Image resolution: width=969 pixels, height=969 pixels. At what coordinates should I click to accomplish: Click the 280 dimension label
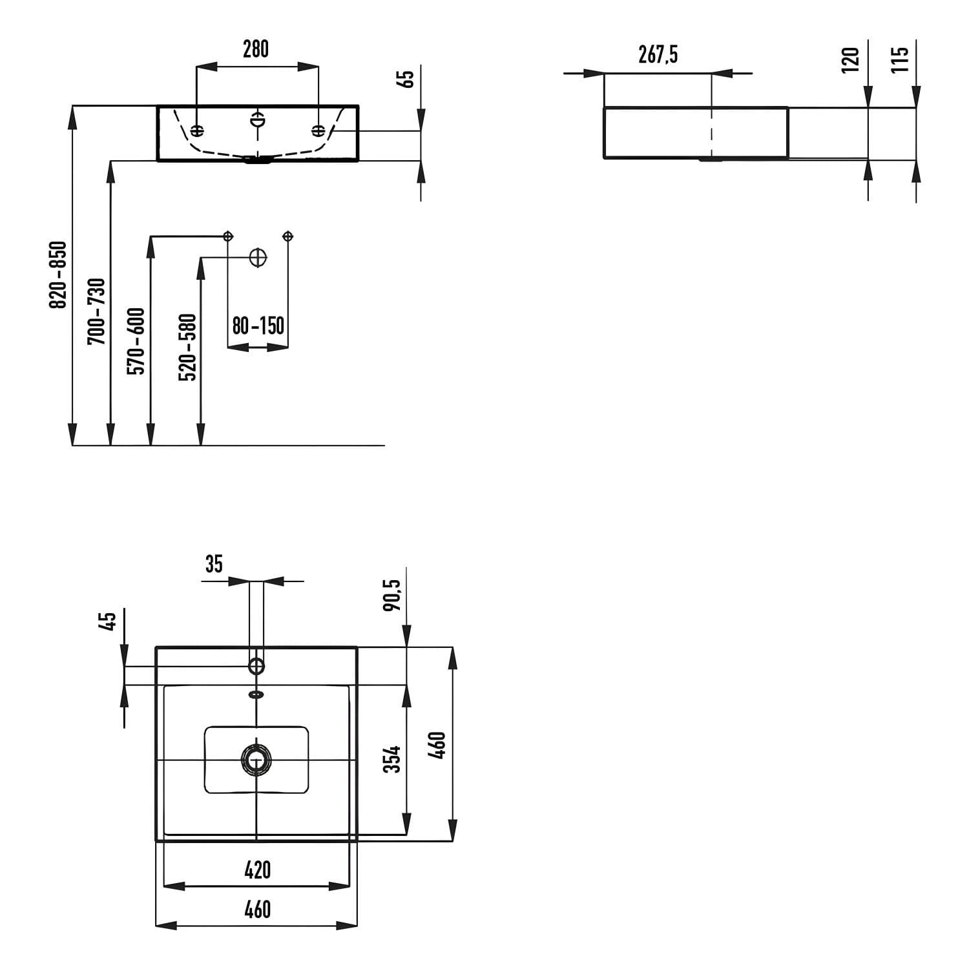click(256, 49)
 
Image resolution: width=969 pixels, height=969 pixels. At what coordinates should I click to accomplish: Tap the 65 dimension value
click(408, 79)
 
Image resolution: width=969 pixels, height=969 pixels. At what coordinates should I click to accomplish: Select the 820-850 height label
click(59, 275)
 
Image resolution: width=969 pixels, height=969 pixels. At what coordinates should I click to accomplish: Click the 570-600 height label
click(136, 341)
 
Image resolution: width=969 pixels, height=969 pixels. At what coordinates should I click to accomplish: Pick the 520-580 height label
click(187, 348)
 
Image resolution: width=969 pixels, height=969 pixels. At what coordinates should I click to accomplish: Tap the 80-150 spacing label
click(258, 326)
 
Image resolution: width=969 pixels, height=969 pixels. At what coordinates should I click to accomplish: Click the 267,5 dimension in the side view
click(658, 56)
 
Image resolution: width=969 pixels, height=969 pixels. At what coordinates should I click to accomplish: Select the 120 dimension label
click(851, 59)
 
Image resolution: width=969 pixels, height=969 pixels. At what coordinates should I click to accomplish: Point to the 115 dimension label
click(900, 59)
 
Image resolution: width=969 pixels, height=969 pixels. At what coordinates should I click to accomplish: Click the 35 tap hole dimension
click(214, 564)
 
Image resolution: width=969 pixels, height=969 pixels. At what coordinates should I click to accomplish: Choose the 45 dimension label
click(110, 621)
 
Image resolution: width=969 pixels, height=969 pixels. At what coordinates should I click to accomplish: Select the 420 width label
click(257, 870)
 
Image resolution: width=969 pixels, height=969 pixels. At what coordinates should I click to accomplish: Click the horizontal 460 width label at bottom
click(257, 910)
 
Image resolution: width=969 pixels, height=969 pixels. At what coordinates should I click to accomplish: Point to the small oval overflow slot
click(256, 695)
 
